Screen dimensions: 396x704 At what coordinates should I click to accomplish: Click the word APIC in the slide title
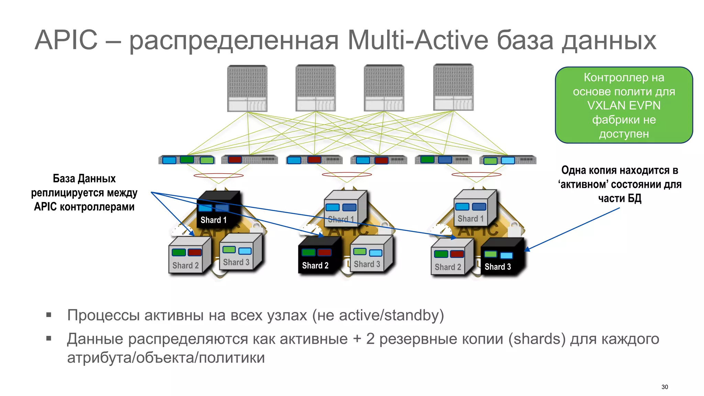tap(66, 40)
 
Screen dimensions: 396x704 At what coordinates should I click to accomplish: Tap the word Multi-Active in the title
tap(418, 40)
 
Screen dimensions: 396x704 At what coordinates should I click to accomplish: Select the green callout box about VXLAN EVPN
tap(624, 105)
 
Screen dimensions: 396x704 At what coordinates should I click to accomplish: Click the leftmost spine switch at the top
tap(247, 88)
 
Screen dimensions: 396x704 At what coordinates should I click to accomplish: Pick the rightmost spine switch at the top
tap(453, 88)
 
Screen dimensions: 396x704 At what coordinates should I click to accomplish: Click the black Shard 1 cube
tap(217, 210)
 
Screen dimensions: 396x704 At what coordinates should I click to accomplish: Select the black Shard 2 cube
tap(319, 256)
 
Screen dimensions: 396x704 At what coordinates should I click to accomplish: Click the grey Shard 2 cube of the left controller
tap(188, 256)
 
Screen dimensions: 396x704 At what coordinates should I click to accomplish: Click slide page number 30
tap(664, 387)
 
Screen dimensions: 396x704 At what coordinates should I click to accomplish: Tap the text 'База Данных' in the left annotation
tap(84, 179)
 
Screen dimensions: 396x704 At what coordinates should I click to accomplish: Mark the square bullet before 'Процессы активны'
tap(49, 315)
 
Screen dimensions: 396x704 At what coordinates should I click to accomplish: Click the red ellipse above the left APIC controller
tap(218, 176)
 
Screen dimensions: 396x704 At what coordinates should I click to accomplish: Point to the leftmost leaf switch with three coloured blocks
tap(187, 160)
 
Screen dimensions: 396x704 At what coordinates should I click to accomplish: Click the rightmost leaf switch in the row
tap(508, 160)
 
